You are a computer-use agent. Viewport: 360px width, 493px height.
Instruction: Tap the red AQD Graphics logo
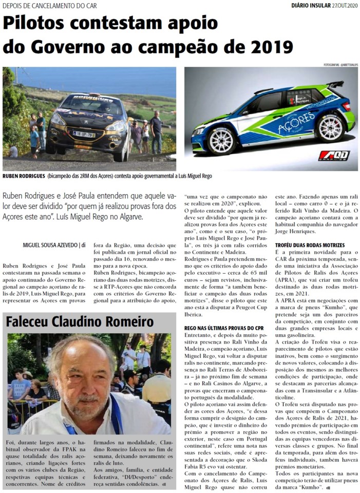coord(334,155)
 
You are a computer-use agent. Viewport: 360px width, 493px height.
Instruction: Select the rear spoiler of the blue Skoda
coord(335,84)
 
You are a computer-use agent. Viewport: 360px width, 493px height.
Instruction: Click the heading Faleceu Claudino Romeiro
coord(80,322)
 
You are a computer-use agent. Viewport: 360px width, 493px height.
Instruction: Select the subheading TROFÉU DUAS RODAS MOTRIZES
coord(310,245)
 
